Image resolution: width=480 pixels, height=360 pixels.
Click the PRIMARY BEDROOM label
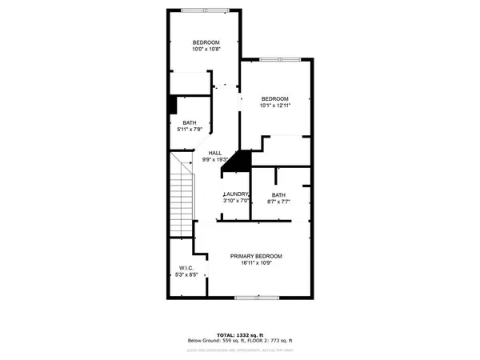point(256,256)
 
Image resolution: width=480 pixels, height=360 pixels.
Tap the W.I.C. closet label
point(186,268)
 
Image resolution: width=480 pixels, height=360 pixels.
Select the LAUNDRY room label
point(237,194)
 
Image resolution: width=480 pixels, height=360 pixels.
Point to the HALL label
point(215,153)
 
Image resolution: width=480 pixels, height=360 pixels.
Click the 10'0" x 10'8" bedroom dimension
point(206,50)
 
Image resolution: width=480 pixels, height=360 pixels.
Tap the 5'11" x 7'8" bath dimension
point(189,130)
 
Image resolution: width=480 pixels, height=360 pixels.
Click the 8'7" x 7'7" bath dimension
point(278,202)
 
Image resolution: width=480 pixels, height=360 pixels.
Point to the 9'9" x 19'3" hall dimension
point(215,160)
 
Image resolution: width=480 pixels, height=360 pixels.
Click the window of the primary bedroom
point(257,298)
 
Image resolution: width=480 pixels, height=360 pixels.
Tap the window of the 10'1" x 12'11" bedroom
point(281,58)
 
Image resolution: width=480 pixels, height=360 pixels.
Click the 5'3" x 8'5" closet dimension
point(186,275)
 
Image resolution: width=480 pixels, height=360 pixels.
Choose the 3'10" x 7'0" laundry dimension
point(237,202)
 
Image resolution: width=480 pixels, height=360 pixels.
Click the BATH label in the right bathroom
point(278,194)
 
